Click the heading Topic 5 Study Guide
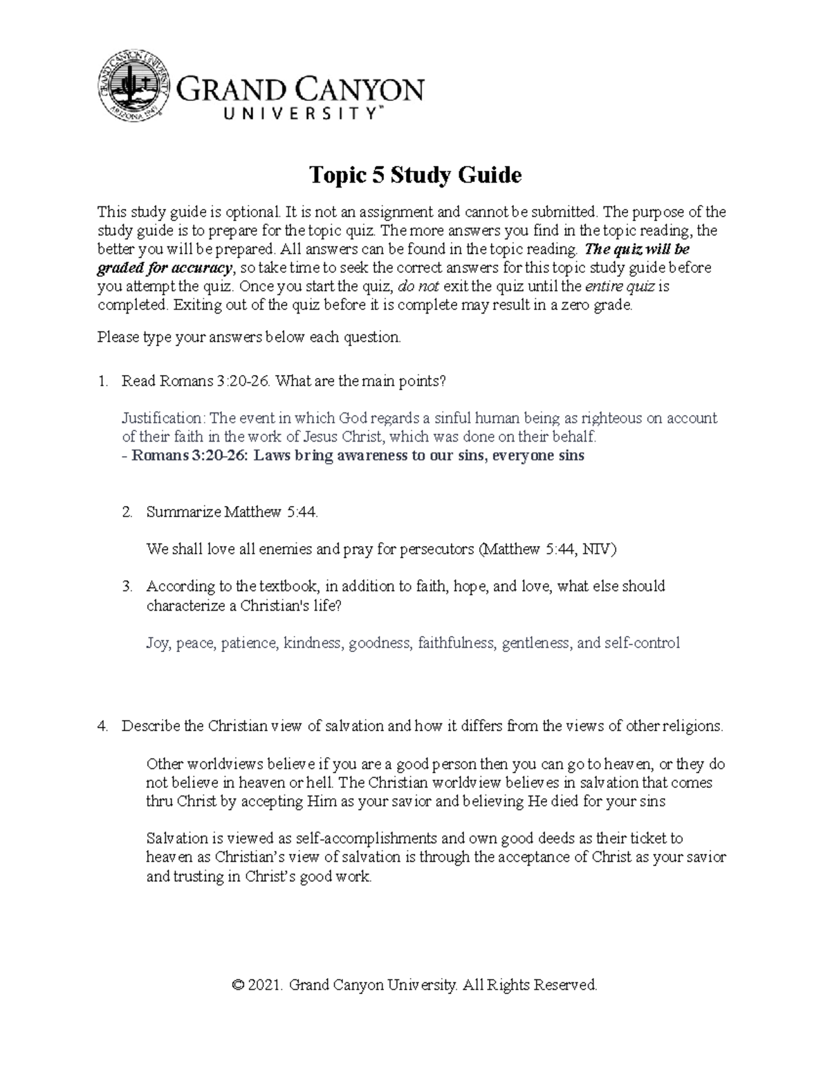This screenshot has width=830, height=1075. (414, 175)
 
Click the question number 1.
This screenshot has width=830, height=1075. (102, 381)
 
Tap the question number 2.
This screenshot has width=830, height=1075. (127, 513)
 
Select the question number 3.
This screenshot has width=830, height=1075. (127, 587)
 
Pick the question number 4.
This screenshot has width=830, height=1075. (102, 727)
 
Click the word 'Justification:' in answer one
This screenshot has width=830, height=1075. (164, 419)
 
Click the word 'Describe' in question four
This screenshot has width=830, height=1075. (151, 727)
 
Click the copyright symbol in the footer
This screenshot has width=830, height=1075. (239, 986)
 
